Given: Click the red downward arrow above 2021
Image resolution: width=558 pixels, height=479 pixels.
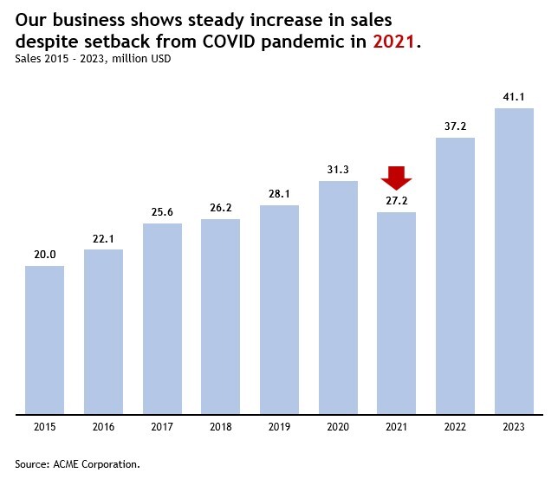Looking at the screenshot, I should (x=396, y=177).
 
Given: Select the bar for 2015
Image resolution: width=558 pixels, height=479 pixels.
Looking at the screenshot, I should (x=45, y=340).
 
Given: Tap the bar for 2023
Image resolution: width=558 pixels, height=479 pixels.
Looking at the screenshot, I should (x=514, y=261).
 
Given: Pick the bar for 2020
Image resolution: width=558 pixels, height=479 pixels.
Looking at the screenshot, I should (x=338, y=297).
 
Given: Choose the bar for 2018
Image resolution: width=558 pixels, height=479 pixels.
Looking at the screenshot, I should (x=220, y=316).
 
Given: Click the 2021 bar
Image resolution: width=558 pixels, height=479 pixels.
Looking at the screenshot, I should (x=396, y=313).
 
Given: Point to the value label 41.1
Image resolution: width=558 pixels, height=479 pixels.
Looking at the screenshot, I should (x=514, y=96).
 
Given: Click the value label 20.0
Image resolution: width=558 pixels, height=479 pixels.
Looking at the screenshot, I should (x=45, y=254).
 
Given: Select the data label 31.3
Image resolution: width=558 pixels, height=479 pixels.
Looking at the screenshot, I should (x=338, y=169).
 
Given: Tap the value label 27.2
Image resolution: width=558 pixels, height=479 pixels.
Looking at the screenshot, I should (x=396, y=200).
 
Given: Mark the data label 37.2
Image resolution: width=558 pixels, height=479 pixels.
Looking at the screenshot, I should (x=455, y=126).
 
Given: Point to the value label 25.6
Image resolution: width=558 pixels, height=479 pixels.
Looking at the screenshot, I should (x=162, y=212).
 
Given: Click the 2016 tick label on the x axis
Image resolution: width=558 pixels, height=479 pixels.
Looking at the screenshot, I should (x=103, y=427).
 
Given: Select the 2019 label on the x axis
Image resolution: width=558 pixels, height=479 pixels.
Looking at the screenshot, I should (x=279, y=427).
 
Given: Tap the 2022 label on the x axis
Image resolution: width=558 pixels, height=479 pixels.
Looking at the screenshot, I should (x=455, y=427).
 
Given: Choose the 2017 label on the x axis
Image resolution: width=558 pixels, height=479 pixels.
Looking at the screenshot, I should (x=162, y=427).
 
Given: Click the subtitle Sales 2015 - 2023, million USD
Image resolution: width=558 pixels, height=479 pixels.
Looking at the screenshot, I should (x=93, y=59).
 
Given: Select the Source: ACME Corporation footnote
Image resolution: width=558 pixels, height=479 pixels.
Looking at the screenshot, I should (x=77, y=464).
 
